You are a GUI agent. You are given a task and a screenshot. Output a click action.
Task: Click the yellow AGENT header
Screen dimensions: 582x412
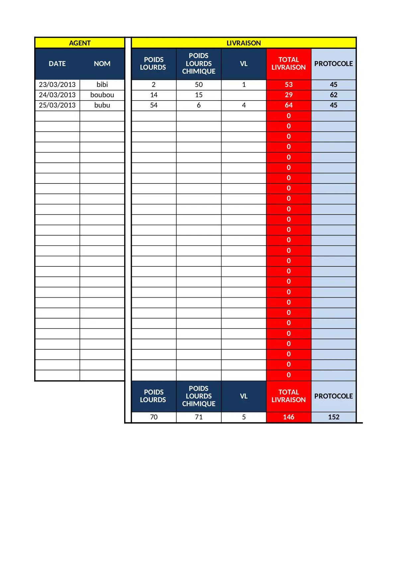(80, 43)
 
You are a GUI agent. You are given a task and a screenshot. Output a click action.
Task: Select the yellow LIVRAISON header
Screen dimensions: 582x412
(244, 43)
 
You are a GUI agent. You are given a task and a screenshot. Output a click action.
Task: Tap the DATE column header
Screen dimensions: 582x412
(57, 64)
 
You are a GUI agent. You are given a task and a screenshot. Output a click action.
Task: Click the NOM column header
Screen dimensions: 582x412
(102, 64)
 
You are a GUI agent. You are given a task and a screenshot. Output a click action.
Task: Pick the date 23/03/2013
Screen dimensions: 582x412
(57, 85)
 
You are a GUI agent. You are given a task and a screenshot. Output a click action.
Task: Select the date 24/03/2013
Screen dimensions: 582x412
(57, 95)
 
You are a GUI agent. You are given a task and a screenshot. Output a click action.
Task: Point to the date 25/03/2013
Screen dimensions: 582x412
(57, 105)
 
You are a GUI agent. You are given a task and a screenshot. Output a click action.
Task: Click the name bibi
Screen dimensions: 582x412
(102, 85)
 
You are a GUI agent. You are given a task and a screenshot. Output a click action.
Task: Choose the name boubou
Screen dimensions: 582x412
(102, 95)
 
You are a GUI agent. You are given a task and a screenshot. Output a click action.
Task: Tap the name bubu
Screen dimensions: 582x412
(102, 105)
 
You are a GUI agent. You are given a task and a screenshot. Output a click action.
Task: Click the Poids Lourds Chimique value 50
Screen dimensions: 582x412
(199, 85)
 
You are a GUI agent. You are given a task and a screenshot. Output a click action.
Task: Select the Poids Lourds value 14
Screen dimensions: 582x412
(154, 95)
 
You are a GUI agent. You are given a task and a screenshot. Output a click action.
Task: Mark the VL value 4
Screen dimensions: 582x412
(244, 105)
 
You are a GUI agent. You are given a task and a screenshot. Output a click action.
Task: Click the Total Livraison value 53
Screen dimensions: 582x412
(288, 85)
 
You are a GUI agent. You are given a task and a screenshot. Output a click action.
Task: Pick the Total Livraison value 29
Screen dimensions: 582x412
(288, 95)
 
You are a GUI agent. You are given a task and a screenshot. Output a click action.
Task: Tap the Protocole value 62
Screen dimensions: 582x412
(333, 95)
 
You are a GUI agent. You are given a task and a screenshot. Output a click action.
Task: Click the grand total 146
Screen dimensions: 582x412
(288, 417)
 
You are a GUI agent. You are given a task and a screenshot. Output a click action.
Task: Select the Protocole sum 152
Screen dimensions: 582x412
(333, 417)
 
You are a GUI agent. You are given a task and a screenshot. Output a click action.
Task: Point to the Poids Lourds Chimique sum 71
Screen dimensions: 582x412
(199, 417)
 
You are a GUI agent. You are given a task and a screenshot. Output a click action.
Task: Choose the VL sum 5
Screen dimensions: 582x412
(244, 417)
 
